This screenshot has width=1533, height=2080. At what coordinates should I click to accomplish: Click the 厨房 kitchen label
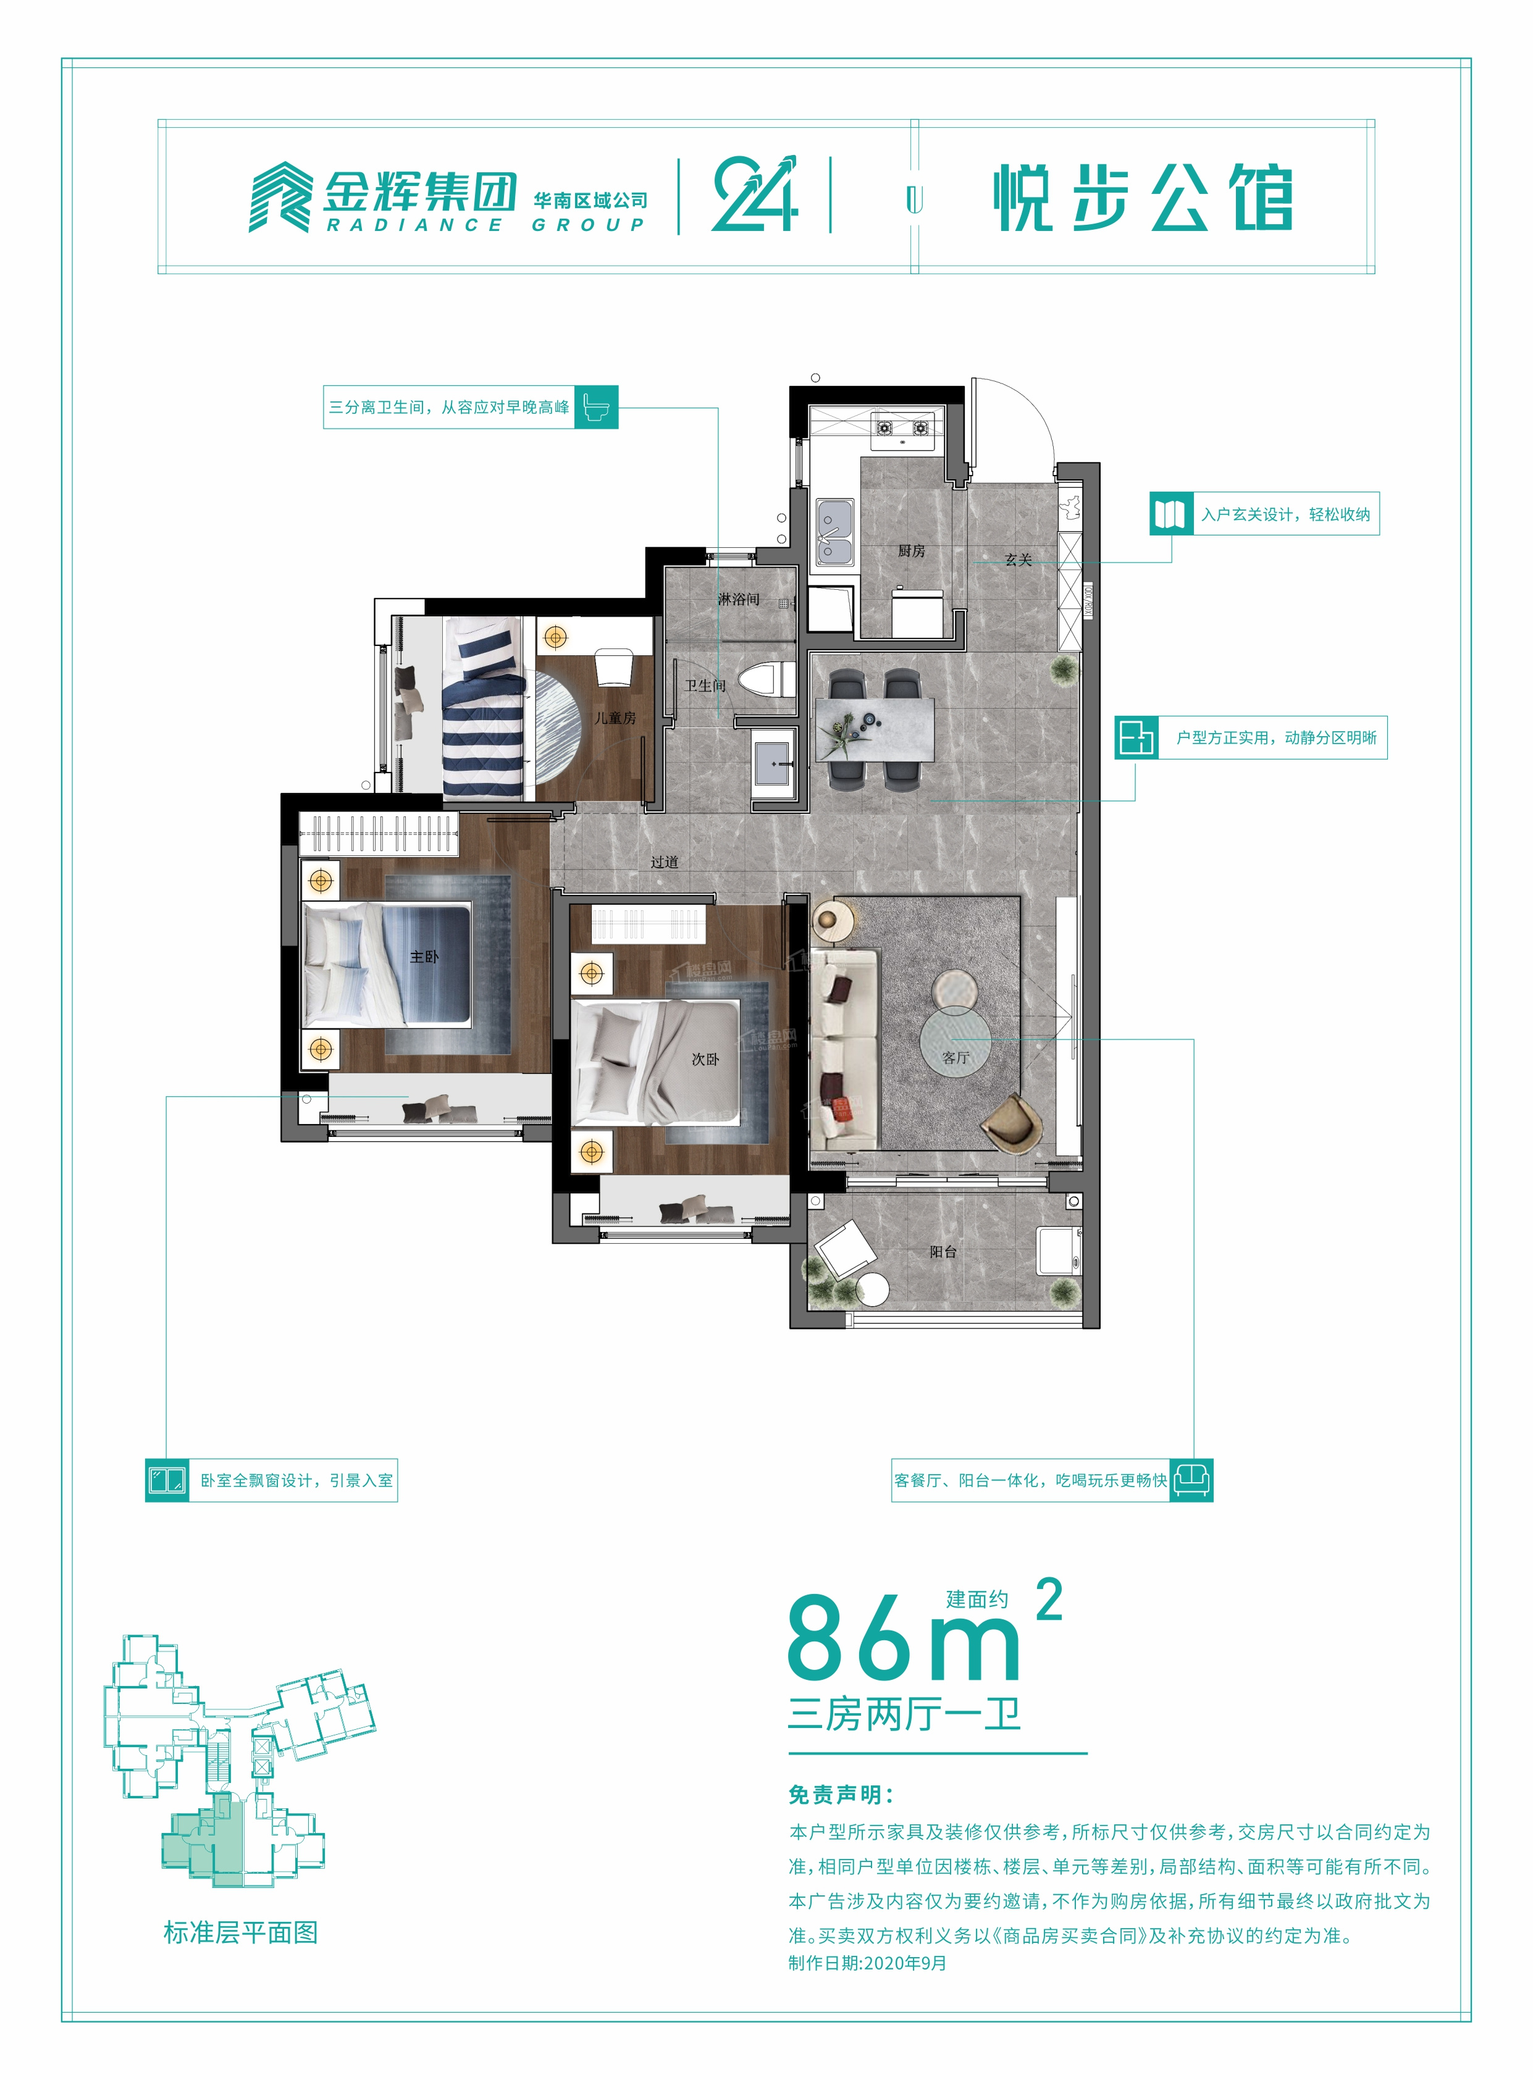tap(911, 551)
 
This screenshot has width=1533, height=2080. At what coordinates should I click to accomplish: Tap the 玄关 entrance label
tap(1018, 560)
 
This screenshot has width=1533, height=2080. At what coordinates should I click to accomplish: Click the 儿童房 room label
tap(615, 718)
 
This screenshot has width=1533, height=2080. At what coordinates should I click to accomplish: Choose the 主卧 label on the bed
tap(424, 957)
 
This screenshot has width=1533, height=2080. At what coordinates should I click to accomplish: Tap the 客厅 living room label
tap(955, 1058)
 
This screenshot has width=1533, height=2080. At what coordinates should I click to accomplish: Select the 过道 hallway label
tap(665, 862)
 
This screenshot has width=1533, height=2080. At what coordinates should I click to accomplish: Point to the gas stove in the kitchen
tap(902, 428)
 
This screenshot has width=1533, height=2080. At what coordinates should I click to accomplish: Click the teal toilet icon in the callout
tap(596, 407)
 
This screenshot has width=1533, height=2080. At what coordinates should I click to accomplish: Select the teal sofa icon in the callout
tap(1191, 1480)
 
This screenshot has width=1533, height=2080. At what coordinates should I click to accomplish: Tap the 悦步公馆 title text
tap(1143, 198)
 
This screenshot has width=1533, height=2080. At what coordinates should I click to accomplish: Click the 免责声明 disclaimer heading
tap(841, 1794)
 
